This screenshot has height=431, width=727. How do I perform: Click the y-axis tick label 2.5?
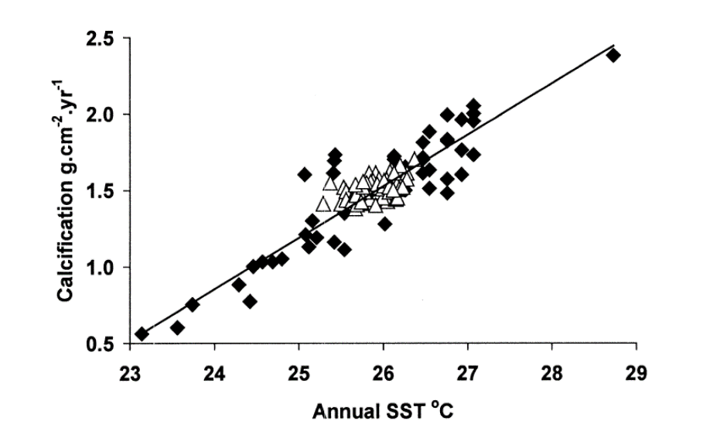coord(102,39)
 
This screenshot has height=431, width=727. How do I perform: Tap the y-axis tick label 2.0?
coord(102,115)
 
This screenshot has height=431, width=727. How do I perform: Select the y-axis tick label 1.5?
coord(102,191)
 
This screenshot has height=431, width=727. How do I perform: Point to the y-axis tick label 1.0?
coord(102,268)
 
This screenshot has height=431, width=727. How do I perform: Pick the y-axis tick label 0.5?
coord(102,344)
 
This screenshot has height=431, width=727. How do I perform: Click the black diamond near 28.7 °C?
coord(613,55)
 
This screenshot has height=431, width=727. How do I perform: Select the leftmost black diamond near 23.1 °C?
coord(142,334)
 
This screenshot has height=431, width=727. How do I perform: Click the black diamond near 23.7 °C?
coord(193,304)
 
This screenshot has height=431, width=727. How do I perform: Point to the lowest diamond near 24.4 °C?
coord(250,301)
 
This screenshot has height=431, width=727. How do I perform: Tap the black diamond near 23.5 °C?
coord(177,327)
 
